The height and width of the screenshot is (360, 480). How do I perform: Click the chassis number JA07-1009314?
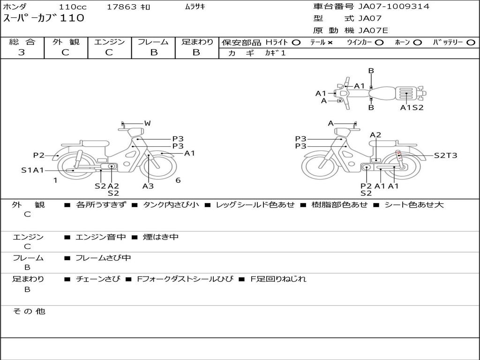pos(394,7)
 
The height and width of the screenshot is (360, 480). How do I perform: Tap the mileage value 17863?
pos(121,7)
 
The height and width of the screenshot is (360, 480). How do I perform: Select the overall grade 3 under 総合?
pos(22,52)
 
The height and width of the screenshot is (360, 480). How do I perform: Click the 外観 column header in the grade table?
pos(66,42)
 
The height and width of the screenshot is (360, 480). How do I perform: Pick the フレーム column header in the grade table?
pos(153,42)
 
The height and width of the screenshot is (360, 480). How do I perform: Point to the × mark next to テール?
pos(330,43)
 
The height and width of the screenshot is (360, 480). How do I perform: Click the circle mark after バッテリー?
pos(471,43)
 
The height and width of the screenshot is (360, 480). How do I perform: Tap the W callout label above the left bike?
pos(148,123)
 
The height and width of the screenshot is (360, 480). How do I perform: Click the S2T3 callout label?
pos(445,156)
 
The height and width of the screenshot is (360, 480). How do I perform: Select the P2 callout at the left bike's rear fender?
pos(39,155)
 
